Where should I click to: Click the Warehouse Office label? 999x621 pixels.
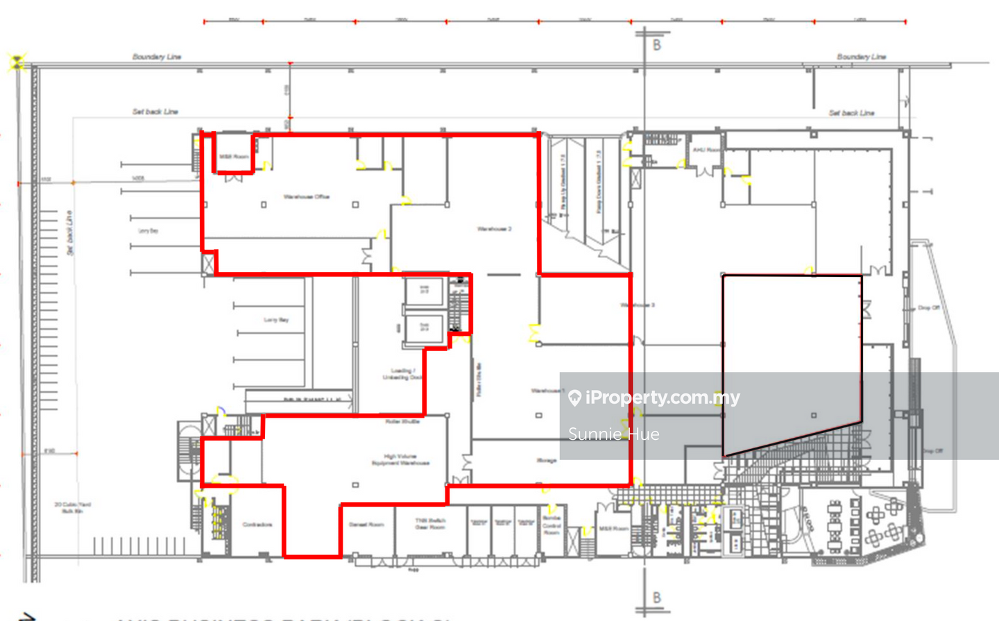(306, 197)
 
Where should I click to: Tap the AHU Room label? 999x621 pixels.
(706, 150)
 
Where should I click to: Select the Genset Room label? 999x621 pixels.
(366, 525)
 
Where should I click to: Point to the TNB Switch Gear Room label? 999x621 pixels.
(430, 524)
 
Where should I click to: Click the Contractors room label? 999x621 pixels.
(257, 525)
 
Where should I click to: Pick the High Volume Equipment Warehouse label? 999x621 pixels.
(400, 460)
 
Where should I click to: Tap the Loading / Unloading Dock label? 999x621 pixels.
(402, 374)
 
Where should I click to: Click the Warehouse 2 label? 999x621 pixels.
(494, 229)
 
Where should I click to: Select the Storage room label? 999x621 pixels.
(546, 460)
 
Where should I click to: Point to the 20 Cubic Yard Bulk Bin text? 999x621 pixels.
(72, 507)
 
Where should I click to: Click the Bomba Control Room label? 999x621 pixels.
(552, 525)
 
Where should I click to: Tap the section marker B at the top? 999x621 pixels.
(656, 45)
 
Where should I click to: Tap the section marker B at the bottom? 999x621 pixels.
(656, 598)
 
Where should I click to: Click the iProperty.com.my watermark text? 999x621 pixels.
(663, 398)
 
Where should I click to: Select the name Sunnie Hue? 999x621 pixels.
(613, 434)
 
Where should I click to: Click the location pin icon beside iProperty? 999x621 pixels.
(574, 398)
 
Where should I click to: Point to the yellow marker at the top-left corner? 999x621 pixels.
(17, 62)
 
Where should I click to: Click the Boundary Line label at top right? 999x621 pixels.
(861, 57)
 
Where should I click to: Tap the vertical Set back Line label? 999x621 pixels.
(69, 233)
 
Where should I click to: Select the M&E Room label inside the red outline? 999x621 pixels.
(234, 157)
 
